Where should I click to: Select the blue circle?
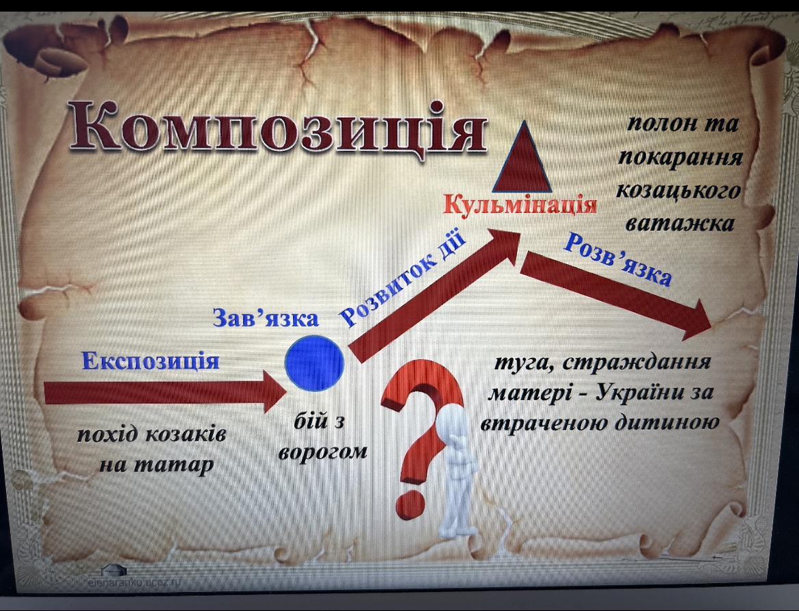[x=314, y=363]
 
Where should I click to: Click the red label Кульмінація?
[x=520, y=205]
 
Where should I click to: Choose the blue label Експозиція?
[x=151, y=361]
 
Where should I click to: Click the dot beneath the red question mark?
[x=410, y=504]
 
